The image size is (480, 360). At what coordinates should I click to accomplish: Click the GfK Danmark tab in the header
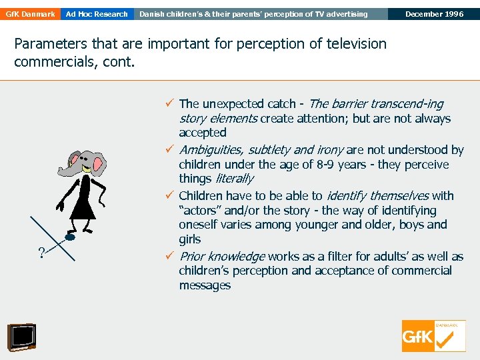pos(29,14)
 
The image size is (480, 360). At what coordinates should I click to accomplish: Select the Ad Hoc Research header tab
pos(97,14)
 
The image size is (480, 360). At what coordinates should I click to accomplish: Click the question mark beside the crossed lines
pos(41,252)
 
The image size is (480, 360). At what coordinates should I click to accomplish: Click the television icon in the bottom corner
pos(21,337)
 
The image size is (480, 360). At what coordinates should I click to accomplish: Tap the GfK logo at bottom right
pos(433,336)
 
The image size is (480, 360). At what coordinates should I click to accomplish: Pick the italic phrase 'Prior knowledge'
pos(222,257)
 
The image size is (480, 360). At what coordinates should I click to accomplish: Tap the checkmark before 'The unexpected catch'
pos(171,103)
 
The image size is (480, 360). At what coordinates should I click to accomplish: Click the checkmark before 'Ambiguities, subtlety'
pos(171,150)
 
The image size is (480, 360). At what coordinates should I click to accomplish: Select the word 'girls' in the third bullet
pos(190,239)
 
